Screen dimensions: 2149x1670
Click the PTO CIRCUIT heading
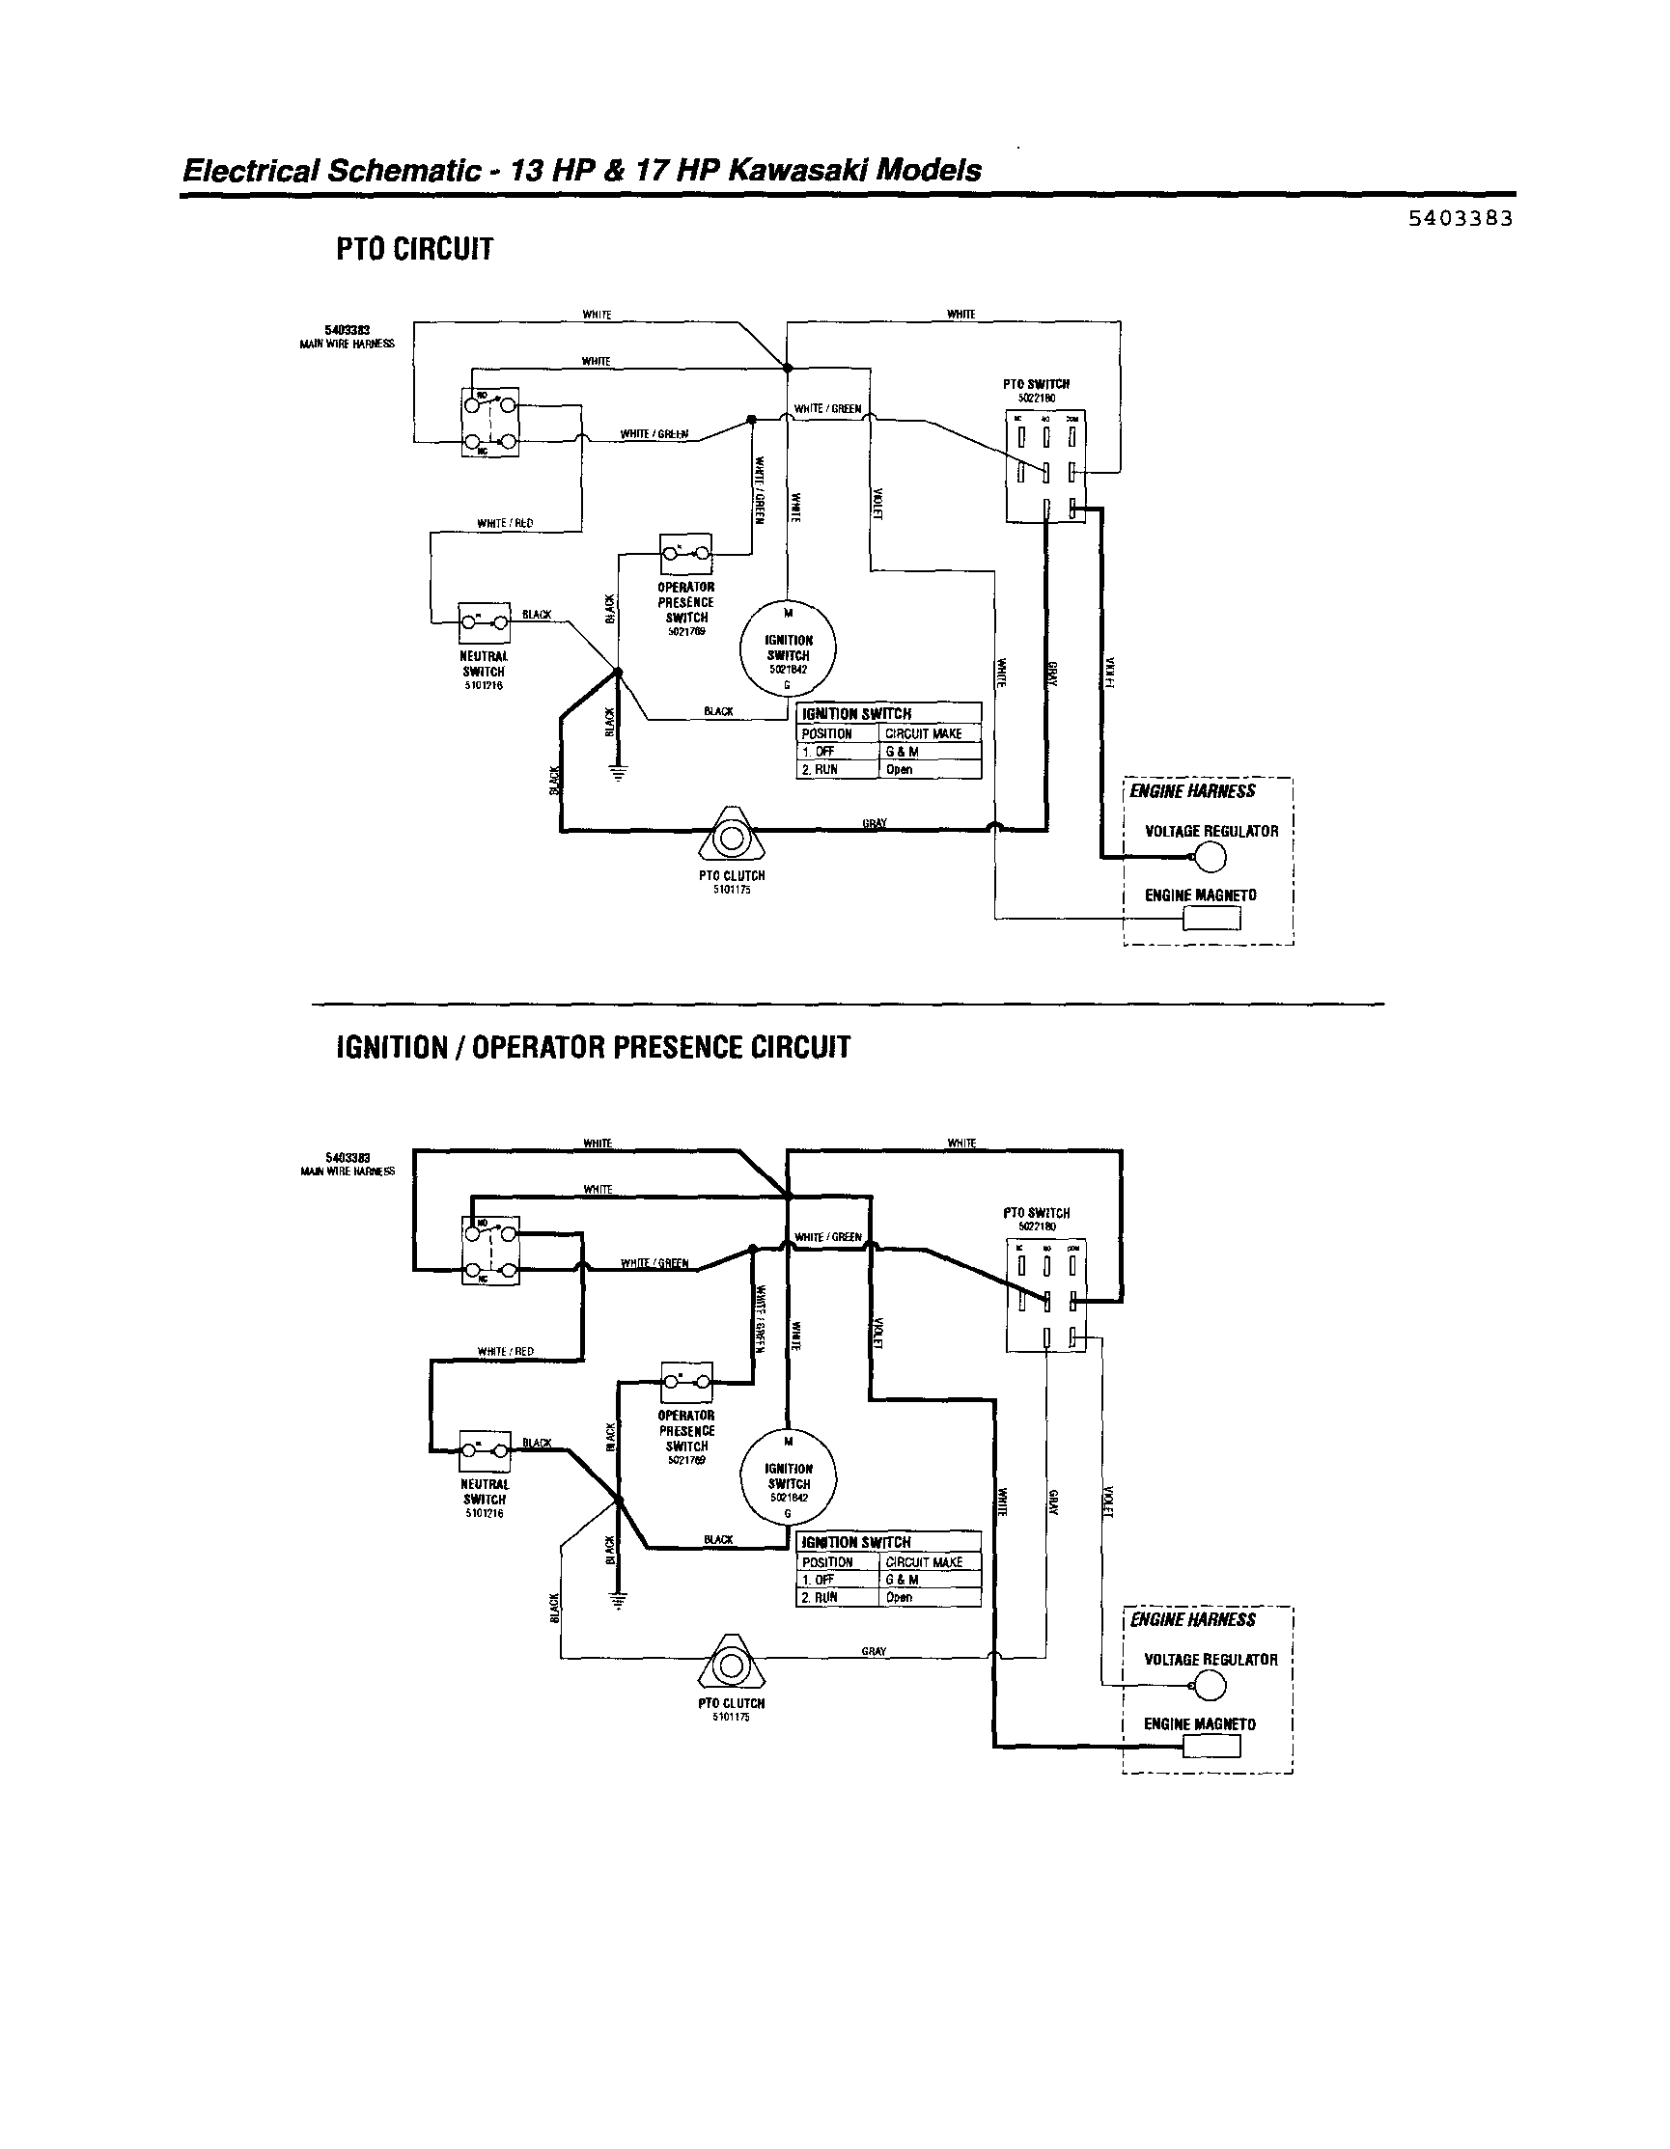(x=413, y=250)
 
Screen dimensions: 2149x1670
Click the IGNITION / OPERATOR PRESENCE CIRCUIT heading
(x=593, y=1047)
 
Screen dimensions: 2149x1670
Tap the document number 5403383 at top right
(x=1460, y=218)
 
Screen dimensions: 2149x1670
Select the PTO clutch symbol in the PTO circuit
(x=730, y=837)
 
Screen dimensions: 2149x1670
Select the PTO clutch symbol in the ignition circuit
(x=730, y=1665)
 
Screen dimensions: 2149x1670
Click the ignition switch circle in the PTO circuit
(x=788, y=647)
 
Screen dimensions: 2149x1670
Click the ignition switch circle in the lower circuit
(x=788, y=1475)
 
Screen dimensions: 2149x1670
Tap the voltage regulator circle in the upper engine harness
(x=1211, y=858)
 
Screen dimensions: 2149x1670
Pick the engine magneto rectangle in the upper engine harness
(x=1211, y=918)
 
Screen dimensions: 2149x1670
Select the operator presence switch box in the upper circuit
(x=686, y=553)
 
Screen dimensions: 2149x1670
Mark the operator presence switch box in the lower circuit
(x=686, y=1382)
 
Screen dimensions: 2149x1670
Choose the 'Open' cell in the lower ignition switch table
(x=900, y=1598)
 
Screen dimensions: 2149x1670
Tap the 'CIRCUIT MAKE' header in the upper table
(x=923, y=734)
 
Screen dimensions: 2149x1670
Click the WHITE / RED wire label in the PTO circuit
(x=505, y=523)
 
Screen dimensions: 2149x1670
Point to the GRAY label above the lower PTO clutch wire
(x=874, y=1651)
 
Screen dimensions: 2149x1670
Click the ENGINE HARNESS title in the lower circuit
(x=1193, y=1619)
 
